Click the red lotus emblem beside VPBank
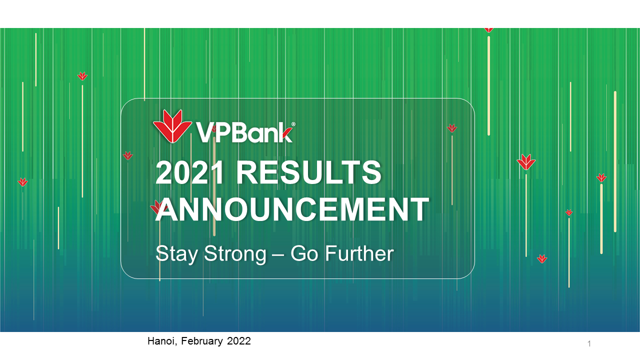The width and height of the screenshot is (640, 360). pos(172,126)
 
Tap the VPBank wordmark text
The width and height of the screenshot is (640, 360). pos(244,132)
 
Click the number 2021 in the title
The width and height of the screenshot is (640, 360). pos(189,172)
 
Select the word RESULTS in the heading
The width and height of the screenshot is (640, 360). pos(308,172)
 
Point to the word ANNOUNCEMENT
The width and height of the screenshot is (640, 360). pos(292,209)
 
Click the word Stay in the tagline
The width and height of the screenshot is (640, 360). pos(176,254)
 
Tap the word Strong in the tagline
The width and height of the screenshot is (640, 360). pos(235,254)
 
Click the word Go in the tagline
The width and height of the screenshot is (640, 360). pos(304,253)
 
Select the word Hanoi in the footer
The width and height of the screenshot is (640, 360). pos(161,341)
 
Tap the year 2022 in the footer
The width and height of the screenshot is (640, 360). pos(239,341)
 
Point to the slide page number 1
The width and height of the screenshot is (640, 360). pos(589,343)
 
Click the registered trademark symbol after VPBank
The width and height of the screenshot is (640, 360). pos(293,124)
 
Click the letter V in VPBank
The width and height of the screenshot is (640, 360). pos(205,132)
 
